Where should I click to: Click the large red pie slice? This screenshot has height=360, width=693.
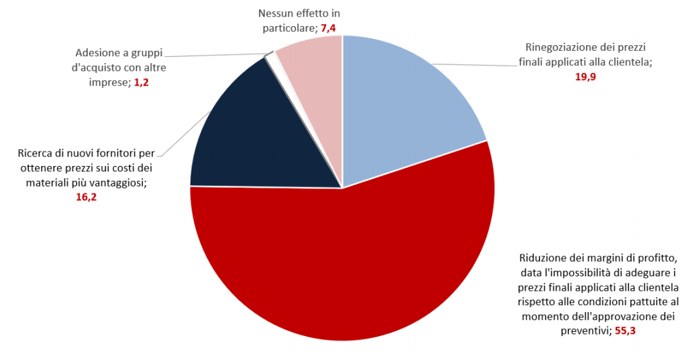click(356, 267)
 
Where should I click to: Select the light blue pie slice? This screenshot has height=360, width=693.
click(404, 103)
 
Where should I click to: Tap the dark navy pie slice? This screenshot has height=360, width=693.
click(247, 137)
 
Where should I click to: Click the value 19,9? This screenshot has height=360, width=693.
click(585, 77)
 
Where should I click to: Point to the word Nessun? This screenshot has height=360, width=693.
click(276, 13)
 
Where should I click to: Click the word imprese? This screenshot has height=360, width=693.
click(110, 82)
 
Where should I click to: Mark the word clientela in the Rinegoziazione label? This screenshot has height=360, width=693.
click(628, 62)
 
